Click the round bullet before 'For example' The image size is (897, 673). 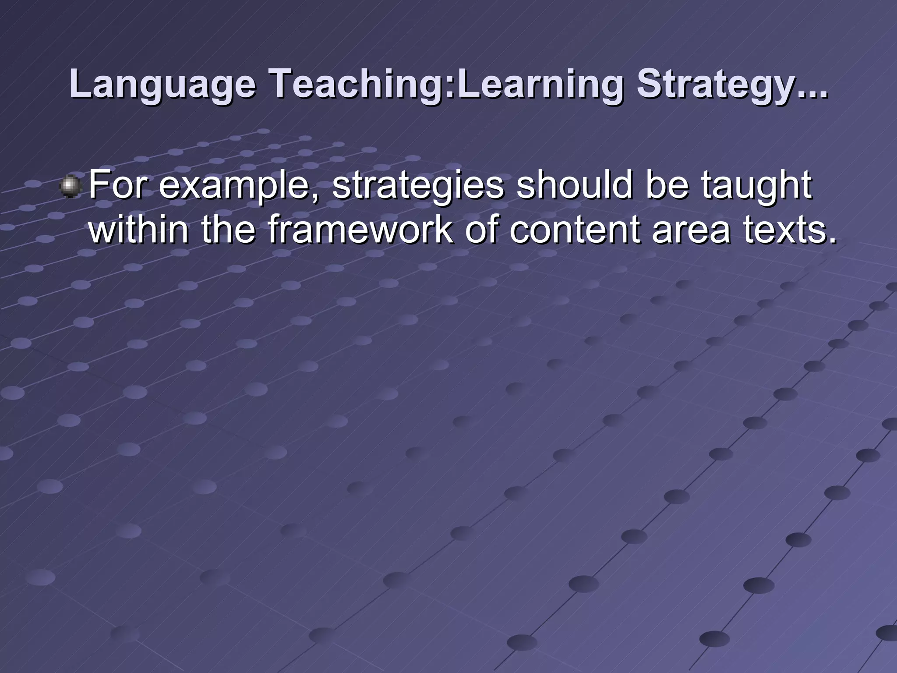[x=70, y=186]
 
